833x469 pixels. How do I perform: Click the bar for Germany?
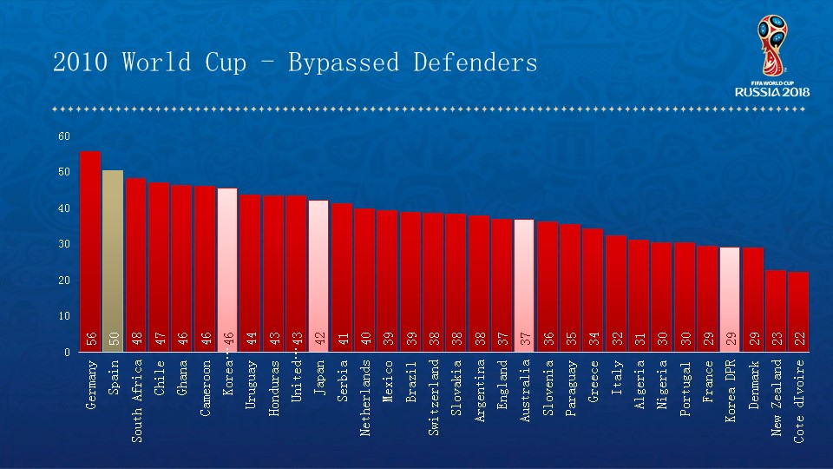point(90,252)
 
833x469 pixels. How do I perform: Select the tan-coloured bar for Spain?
point(113,261)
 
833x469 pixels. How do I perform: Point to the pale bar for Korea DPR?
point(730,299)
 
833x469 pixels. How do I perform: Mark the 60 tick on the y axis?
point(64,135)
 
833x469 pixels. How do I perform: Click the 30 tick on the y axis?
point(64,244)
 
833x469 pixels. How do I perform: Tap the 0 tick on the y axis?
point(67,353)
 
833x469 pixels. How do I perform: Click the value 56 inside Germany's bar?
point(91,339)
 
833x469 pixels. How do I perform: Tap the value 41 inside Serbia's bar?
point(342,339)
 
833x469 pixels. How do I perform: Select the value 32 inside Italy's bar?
point(616,339)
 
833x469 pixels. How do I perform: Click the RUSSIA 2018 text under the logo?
point(771,91)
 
